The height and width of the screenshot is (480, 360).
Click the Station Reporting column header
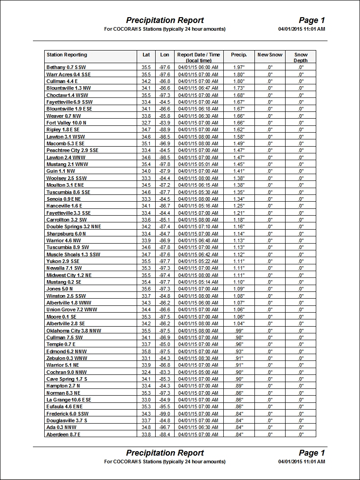[67, 55]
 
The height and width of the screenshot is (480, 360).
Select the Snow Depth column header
[300, 57]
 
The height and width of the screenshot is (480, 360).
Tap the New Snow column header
[270, 55]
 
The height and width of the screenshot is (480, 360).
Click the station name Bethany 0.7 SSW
[66, 67]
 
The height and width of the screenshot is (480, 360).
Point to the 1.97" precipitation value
[239, 67]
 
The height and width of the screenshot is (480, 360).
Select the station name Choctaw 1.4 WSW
[67, 95]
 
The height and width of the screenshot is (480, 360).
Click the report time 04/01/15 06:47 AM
[198, 88]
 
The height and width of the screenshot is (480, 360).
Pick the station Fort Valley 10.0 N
[66, 123]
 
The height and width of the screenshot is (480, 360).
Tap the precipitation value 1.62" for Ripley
[239, 130]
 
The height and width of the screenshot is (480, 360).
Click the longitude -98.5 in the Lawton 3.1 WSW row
[165, 137]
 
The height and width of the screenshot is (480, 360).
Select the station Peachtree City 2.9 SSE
[72, 150]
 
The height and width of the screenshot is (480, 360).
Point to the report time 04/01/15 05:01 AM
[198, 164]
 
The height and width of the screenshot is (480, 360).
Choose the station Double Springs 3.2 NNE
[74, 226]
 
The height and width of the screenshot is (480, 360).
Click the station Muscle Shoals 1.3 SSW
[73, 254]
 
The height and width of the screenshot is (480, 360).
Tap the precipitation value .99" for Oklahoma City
[239, 331]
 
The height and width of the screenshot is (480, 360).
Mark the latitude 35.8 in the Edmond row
[146, 351]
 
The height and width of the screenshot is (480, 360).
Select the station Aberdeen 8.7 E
[64, 434]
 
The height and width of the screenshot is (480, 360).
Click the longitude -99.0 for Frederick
[165, 414]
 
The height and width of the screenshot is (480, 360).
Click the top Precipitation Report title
[165, 20]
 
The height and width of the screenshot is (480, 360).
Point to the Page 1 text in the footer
[312, 453]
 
